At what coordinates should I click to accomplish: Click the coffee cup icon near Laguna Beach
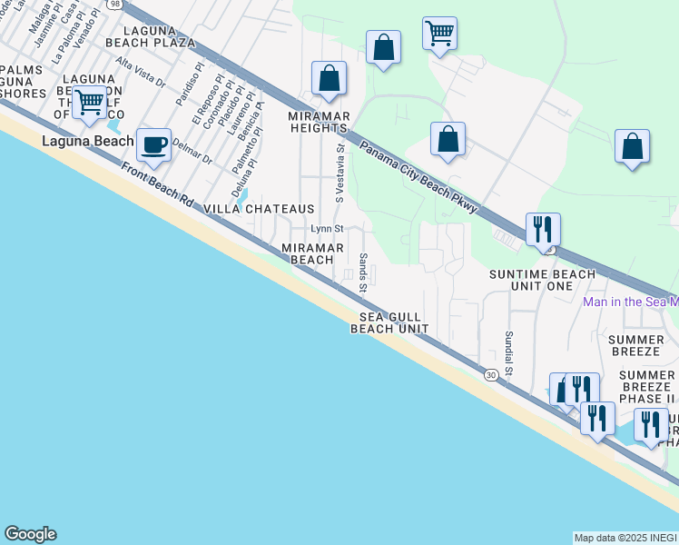pyautogui.click(x=154, y=144)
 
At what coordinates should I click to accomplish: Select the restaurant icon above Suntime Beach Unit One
pyautogui.click(x=543, y=230)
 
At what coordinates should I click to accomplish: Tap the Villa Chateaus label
pyautogui.click(x=259, y=209)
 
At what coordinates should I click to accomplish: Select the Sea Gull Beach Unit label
pyautogui.click(x=389, y=322)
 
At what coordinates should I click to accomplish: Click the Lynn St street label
pyautogui.click(x=327, y=229)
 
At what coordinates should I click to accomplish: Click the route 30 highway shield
pyautogui.click(x=490, y=374)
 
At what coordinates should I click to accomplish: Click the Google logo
pyautogui.click(x=30, y=534)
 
